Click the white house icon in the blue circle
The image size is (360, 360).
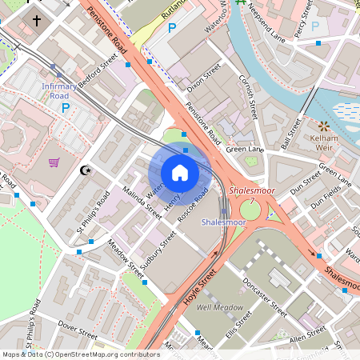180,173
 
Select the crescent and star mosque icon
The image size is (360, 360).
88,170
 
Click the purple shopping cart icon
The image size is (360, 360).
54,162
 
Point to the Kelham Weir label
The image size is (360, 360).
324,144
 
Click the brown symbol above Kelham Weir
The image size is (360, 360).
324,126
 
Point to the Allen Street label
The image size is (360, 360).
308,340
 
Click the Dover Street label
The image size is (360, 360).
78,329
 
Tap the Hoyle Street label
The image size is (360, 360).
202,290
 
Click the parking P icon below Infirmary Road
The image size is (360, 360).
66,106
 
